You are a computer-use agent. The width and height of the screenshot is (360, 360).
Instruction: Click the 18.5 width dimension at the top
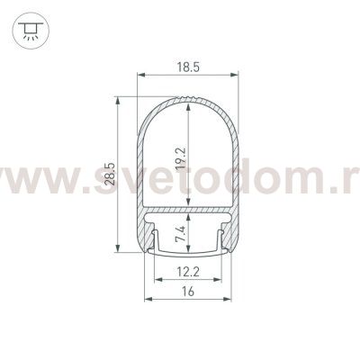tap(189, 65)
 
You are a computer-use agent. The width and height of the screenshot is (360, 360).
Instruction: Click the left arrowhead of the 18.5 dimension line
tap(139, 76)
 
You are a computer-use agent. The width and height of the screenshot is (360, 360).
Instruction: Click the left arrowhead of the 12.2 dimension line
tap(155, 280)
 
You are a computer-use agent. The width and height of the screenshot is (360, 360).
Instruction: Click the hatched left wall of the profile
tap(139, 180)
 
